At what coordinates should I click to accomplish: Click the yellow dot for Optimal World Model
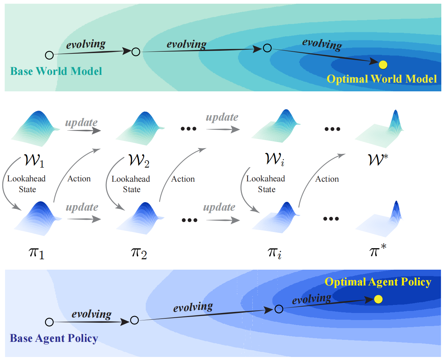point(383,64)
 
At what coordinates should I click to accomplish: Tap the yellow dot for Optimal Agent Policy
point(378,299)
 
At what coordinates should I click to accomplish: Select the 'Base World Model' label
point(56,71)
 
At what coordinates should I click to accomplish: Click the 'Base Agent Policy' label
point(54,338)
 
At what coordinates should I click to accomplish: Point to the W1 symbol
point(34,161)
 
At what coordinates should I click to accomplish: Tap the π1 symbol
point(37,253)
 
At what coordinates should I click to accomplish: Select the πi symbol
point(274,253)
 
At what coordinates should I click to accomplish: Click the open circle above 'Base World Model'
point(49,55)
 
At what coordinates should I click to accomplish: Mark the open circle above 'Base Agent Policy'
point(49,322)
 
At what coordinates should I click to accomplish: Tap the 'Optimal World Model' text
point(382,79)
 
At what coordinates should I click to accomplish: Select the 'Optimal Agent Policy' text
point(378,282)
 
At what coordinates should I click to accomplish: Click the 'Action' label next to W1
point(79,179)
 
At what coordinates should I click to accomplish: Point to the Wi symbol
point(274,160)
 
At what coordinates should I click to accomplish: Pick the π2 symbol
point(139,254)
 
